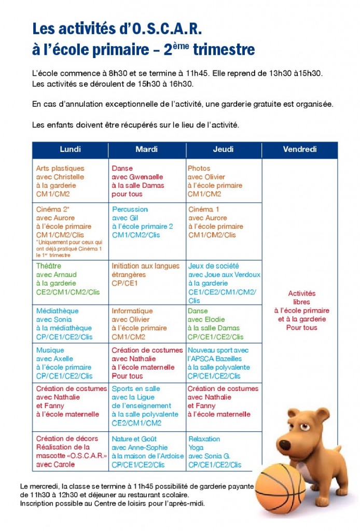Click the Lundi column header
tap(70, 150)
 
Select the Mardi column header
tap(147, 150)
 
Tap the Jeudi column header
tap(223, 150)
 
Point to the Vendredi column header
tap(299, 150)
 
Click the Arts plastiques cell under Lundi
tap(70, 181)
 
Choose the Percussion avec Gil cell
tap(147, 222)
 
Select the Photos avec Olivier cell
tap(223, 181)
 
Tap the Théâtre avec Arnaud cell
tap(70, 279)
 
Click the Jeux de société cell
tap(224, 283)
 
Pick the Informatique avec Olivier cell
tap(147, 324)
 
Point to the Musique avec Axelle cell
tap(70, 363)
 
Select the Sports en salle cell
tap(147, 406)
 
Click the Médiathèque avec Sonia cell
tap(70, 324)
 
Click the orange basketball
tap(281, 487)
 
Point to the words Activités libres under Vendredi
tap(301, 297)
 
